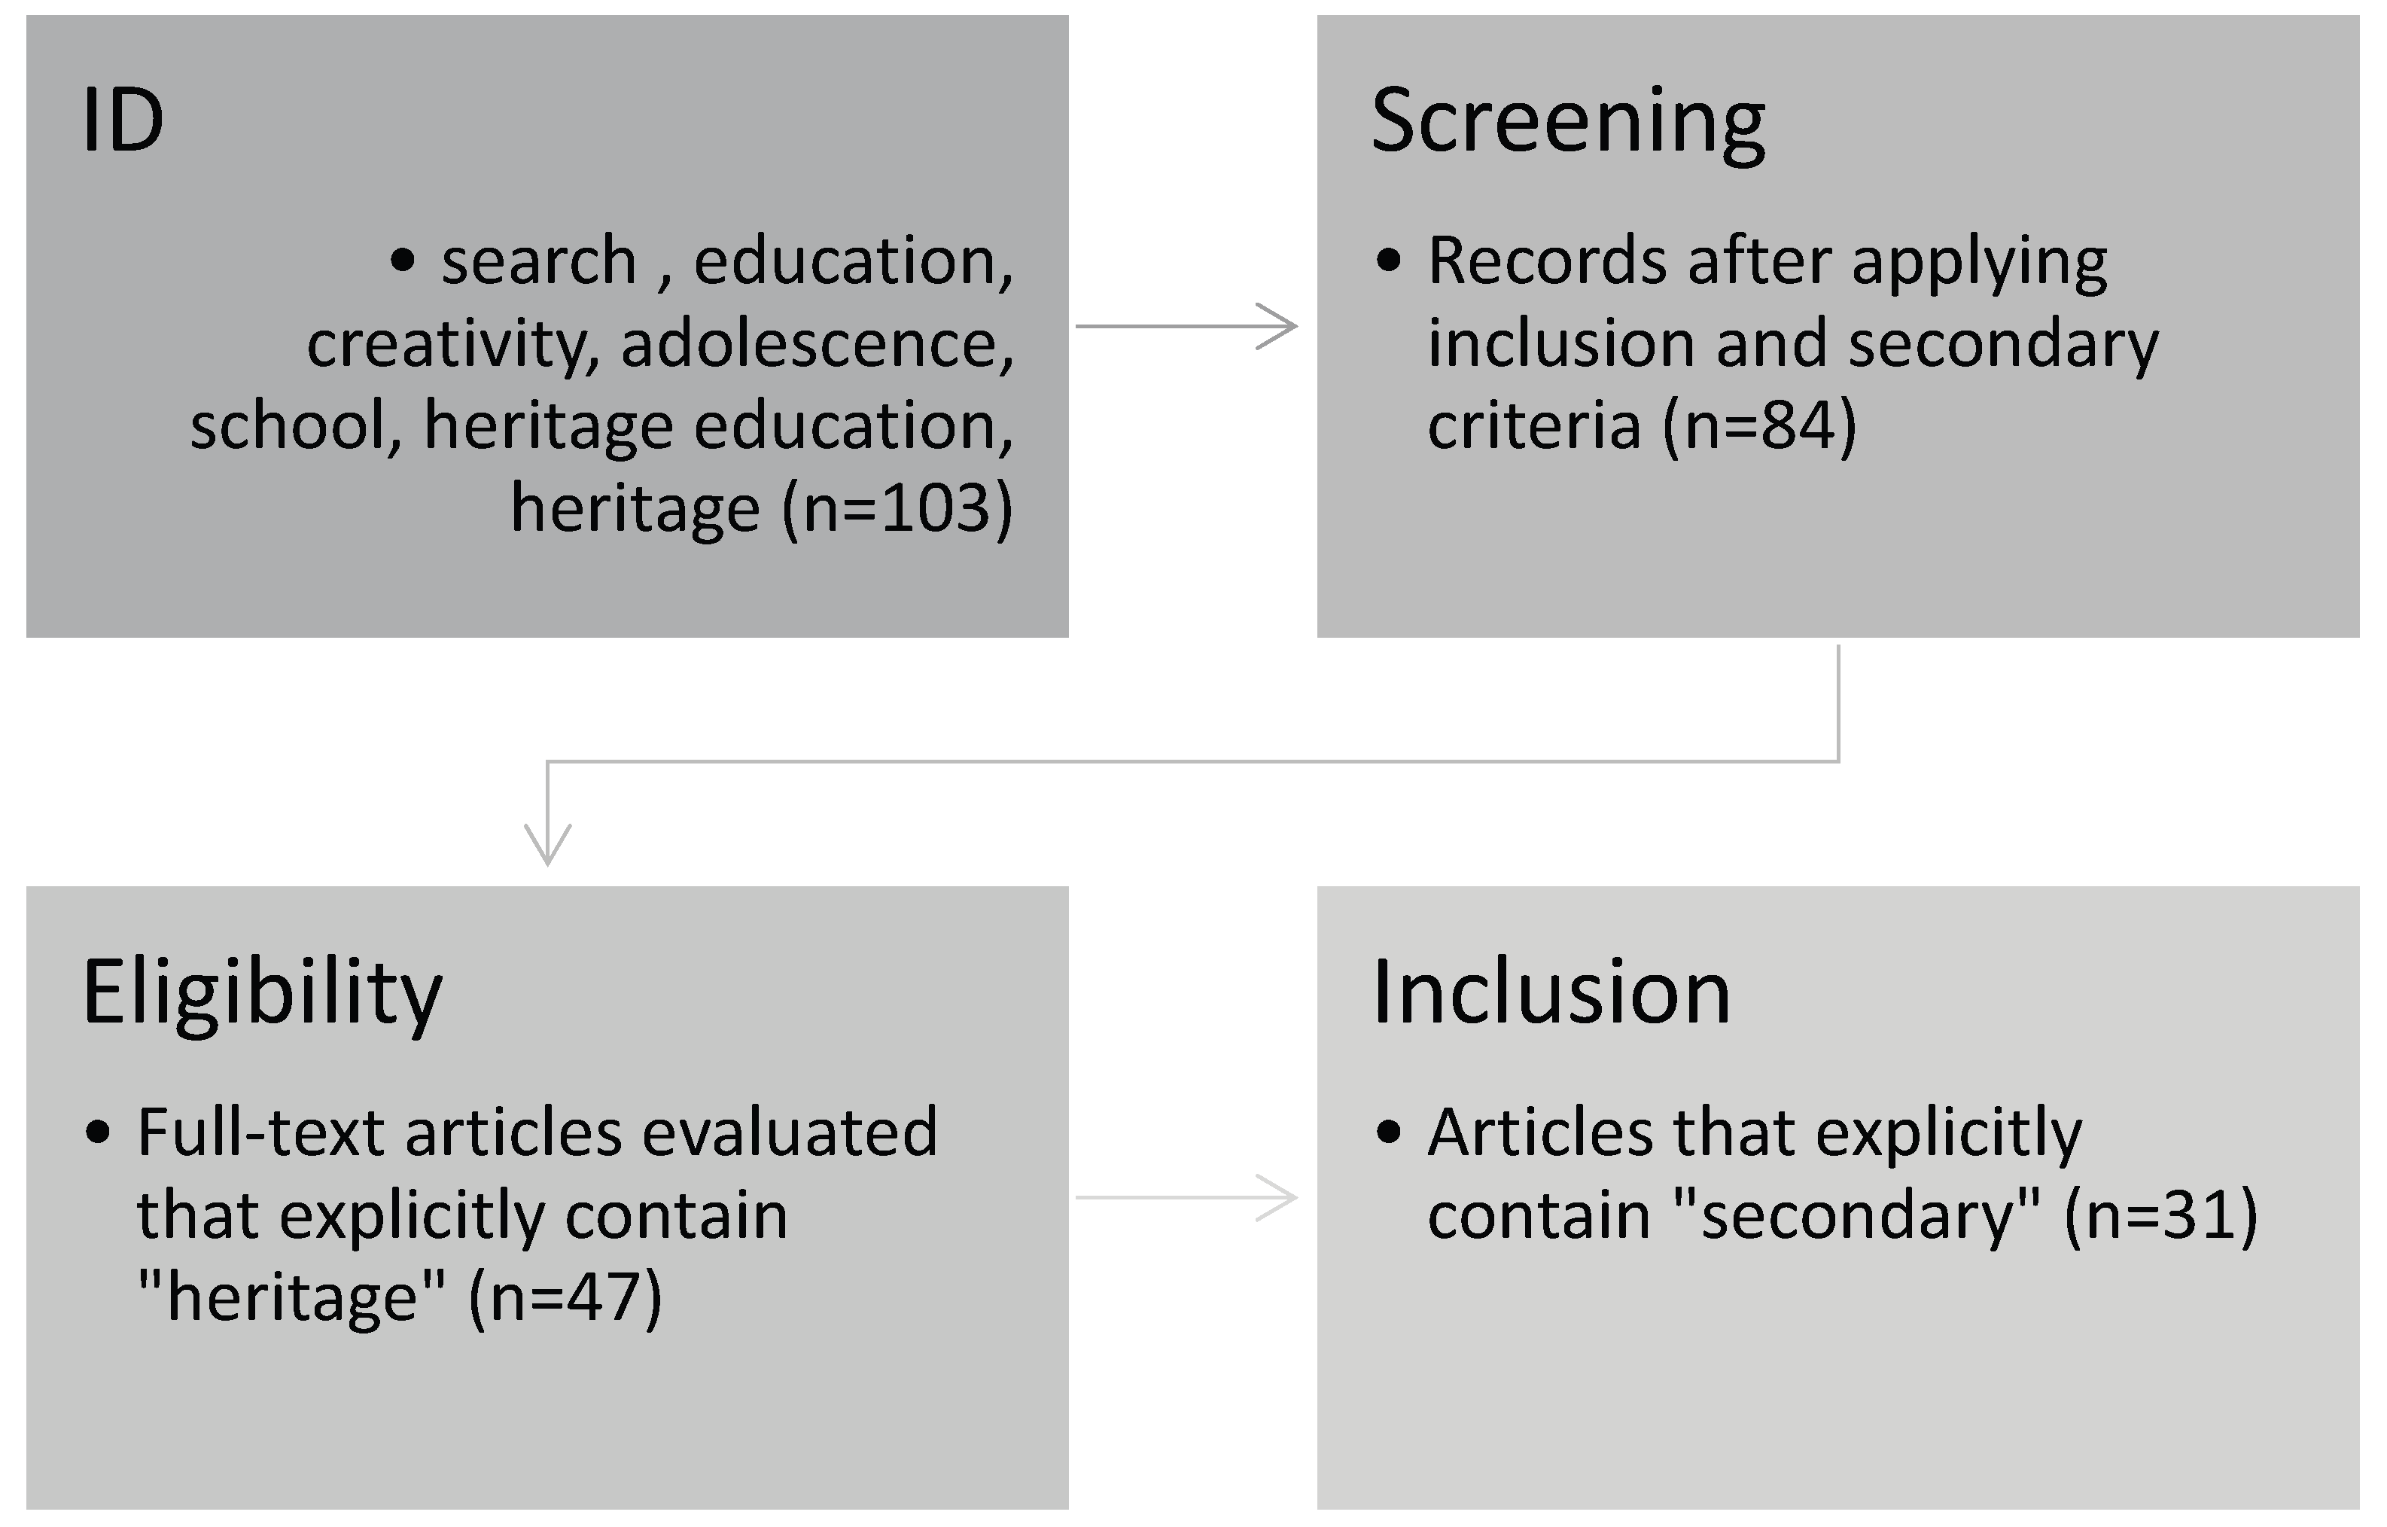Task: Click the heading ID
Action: [x=123, y=121]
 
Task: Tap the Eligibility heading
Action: [x=263, y=994]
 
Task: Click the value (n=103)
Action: [x=898, y=510]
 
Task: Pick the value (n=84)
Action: [x=1758, y=426]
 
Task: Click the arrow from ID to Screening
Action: [x=1186, y=326]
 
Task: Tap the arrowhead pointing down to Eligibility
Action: [x=548, y=846]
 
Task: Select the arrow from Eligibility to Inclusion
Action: [x=1186, y=1198]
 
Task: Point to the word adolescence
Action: [x=817, y=343]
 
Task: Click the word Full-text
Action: [x=260, y=1132]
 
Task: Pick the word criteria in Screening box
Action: [x=1533, y=426]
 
